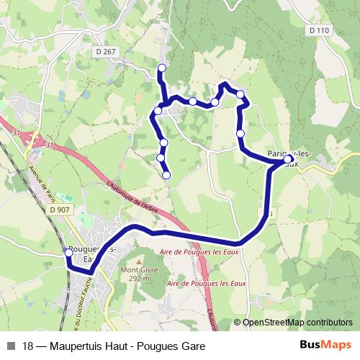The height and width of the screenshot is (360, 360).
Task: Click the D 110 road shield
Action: coord(320,30)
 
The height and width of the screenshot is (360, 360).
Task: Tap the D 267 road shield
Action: coord(105,51)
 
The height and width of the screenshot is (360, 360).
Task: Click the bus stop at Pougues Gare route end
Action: coord(69,253)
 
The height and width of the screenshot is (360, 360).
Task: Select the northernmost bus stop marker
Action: coord(162,68)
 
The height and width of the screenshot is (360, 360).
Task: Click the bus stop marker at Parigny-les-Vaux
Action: coord(288,159)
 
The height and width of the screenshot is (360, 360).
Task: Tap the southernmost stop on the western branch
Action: coord(166,175)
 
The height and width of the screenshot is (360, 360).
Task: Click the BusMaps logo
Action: coord(325,346)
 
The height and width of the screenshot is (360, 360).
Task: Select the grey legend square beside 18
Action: coord(11,346)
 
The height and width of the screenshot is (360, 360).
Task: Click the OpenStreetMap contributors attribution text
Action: coord(297,323)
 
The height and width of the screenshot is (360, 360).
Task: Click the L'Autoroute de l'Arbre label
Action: coord(132,195)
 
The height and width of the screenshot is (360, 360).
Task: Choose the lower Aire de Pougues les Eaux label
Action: coord(207,284)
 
